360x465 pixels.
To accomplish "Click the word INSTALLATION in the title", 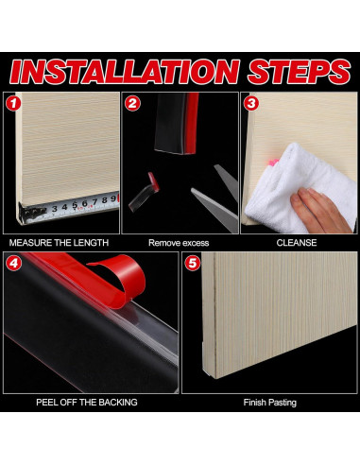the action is [125, 72].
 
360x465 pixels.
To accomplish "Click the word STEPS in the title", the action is [299, 72].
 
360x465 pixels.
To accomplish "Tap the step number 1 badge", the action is [13, 104].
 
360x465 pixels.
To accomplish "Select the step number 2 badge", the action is [132, 104].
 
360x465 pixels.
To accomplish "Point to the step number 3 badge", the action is [251, 104].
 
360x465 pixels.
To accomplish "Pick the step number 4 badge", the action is [13, 263].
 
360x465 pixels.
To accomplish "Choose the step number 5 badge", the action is [192, 263].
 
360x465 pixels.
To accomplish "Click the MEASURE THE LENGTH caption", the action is [59, 243].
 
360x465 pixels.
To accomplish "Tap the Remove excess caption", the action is [179, 243].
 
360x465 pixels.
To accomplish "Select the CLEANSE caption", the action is [297, 243].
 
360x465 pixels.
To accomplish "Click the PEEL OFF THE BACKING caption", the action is [87, 403].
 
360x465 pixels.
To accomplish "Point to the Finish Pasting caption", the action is [270, 403].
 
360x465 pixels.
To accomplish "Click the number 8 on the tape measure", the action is [105, 199].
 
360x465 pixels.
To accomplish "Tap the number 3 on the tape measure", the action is [55, 209].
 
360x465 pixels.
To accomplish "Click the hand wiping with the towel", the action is [320, 208].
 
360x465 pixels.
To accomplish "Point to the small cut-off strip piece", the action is [144, 192].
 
